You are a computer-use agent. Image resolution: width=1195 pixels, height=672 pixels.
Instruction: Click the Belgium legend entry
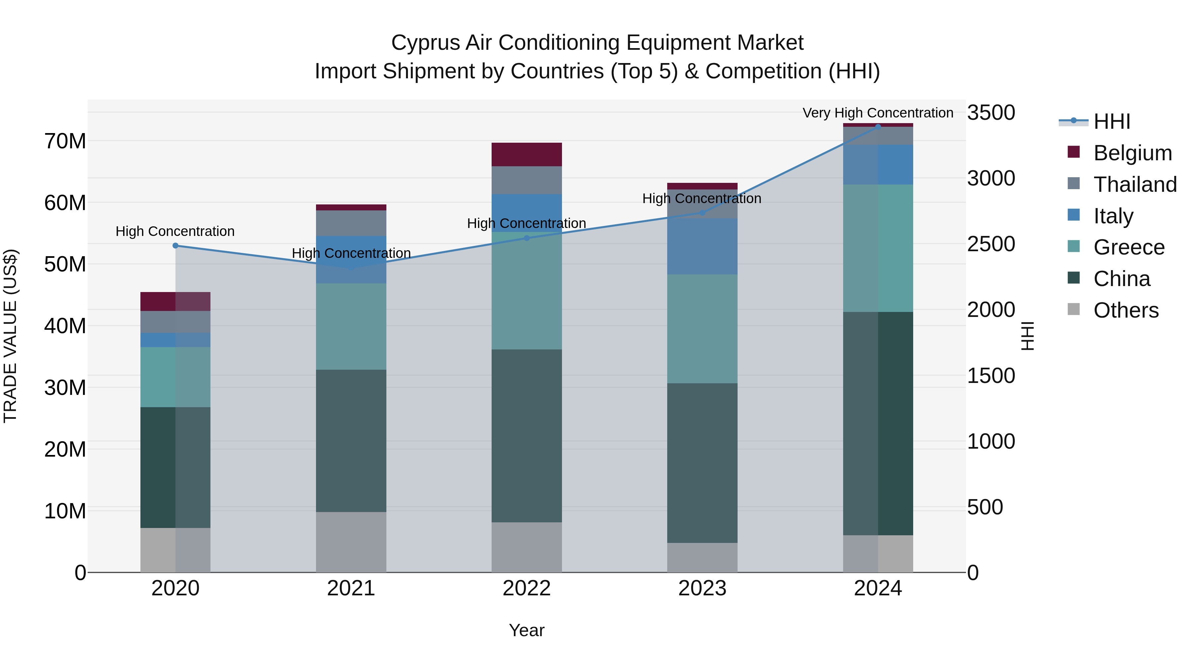tap(1132, 153)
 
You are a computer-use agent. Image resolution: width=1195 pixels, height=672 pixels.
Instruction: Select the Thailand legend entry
tap(1134, 185)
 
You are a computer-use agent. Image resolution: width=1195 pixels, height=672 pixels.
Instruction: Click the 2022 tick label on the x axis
tap(526, 588)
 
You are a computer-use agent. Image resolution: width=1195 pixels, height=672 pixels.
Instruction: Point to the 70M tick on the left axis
tap(65, 141)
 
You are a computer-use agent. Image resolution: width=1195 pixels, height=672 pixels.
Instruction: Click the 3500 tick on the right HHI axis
tap(991, 113)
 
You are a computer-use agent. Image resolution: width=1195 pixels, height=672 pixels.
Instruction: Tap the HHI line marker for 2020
tap(175, 246)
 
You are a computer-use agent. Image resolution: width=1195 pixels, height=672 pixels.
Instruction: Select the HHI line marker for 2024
tap(878, 127)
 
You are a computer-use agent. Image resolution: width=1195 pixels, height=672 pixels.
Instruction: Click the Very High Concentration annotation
tap(878, 113)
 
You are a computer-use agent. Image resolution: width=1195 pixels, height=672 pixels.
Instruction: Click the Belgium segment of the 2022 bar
tap(526, 154)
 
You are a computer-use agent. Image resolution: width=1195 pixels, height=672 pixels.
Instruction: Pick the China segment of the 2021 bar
tap(351, 441)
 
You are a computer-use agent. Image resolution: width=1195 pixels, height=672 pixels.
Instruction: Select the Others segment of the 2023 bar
tap(702, 558)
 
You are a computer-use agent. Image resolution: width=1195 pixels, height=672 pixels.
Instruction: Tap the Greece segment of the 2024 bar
tap(878, 248)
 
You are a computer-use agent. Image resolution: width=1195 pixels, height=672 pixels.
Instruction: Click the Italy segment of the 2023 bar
tap(702, 246)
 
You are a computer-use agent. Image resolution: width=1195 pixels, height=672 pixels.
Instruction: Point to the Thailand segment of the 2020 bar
tap(175, 322)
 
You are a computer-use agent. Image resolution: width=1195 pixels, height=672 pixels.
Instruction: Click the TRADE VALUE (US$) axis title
tap(10, 336)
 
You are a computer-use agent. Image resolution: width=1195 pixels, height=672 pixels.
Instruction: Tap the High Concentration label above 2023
tap(701, 198)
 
